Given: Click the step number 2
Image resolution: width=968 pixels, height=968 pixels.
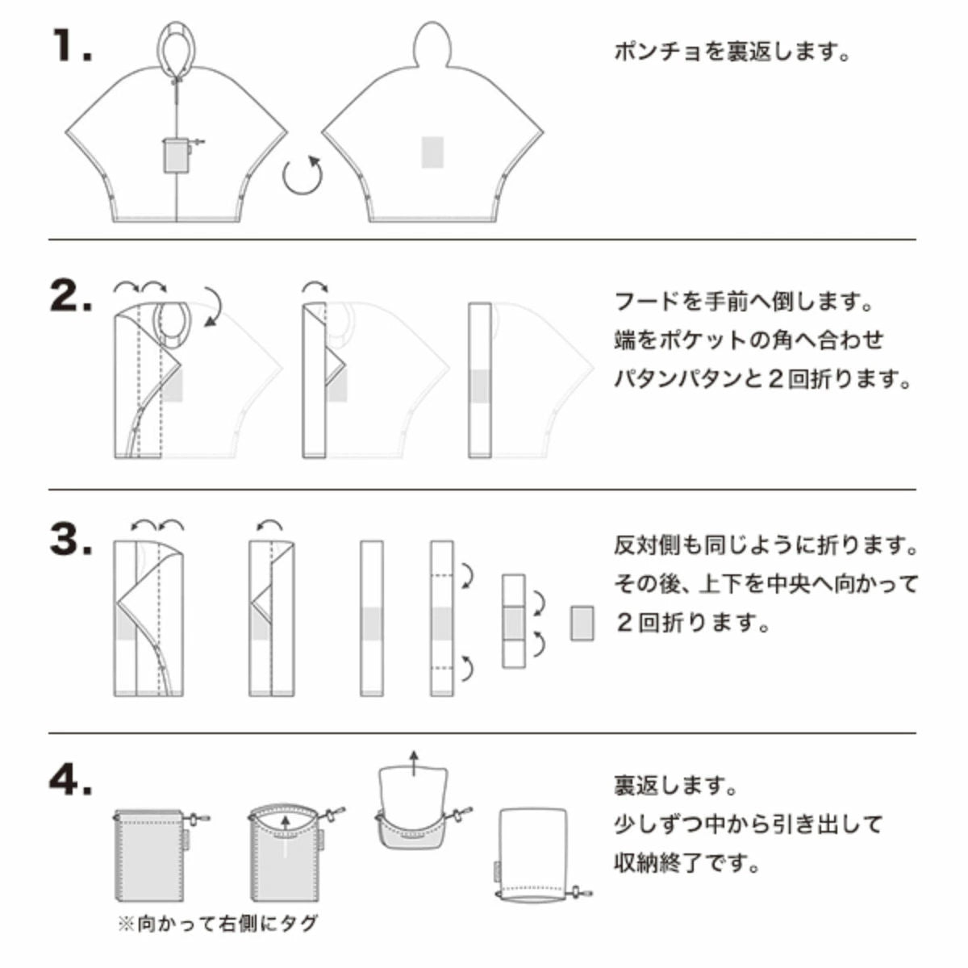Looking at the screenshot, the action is pos(71,295).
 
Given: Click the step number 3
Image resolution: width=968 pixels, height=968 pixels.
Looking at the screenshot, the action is pos(71,539).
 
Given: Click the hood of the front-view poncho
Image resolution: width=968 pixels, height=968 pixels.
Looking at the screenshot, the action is pos(177,48).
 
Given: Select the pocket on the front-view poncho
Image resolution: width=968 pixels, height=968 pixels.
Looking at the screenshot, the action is pos(176,156).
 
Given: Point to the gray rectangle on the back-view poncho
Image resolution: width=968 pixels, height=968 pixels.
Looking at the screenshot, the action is pos(432,152).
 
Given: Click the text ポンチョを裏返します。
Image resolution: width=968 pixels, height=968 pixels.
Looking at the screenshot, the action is pos(732,52).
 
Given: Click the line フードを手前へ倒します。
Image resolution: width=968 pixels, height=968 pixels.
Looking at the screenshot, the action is pos(743,302).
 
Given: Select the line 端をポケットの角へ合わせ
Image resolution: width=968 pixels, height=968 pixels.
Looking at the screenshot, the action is pos(749,340).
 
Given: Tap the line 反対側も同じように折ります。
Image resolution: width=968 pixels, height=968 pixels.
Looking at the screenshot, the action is pos(766,545).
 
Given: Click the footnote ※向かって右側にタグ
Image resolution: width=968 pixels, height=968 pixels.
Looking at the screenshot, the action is pos(218,923).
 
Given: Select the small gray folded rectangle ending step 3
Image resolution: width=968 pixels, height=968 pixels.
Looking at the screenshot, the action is pos(582,623).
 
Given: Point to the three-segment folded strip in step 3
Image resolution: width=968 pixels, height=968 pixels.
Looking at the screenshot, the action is pos(513,621).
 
